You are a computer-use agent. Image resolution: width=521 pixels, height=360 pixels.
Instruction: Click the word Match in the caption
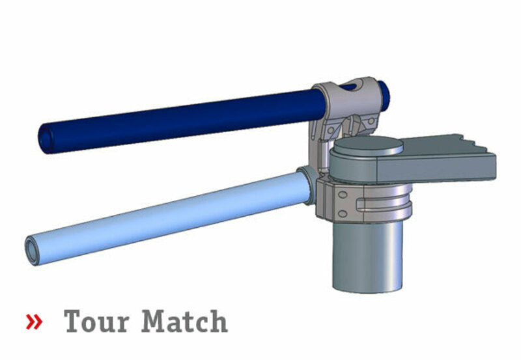185,322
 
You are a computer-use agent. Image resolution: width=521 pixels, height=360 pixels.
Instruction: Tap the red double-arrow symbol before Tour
34,322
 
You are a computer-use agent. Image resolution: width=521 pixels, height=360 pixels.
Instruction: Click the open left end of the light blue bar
33,251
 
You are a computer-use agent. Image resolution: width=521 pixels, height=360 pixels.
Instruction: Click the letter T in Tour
74,322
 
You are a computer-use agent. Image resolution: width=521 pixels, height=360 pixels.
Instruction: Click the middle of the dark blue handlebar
182,118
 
